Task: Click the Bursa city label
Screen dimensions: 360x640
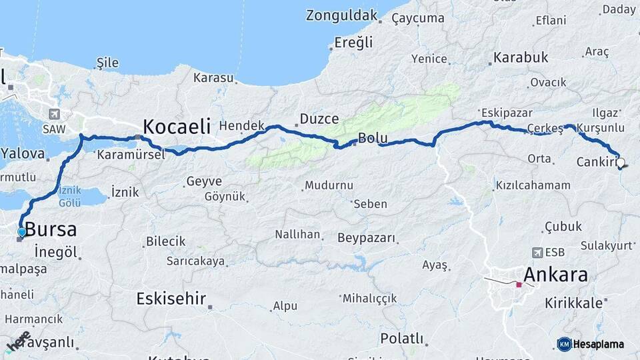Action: pyautogui.click(x=51, y=230)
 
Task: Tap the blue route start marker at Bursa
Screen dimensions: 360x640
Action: pyautogui.click(x=22, y=232)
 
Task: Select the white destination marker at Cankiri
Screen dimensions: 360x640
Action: pyautogui.click(x=621, y=162)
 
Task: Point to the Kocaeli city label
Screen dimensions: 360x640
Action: pyautogui.click(x=177, y=126)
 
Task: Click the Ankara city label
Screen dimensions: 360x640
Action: pyautogui.click(x=555, y=275)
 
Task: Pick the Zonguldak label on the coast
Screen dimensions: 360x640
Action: pyautogui.click(x=347, y=15)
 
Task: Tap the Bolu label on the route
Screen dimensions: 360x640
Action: pyautogui.click(x=373, y=139)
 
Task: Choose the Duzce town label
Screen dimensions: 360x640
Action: pyautogui.click(x=319, y=119)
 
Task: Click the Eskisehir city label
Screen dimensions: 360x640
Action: pyautogui.click(x=171, y=298)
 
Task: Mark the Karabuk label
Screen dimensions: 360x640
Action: pyautogui.click(x=521, y=57)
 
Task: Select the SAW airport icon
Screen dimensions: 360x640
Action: pyautogui.click(x=54, y=113)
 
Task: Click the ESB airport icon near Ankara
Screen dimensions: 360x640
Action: pyautogui.click(x=537, y=253)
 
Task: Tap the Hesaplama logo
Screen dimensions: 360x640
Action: pyautogui.click(x=591, y=344)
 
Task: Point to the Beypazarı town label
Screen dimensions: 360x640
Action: pyautogui.click(x=367, y=237)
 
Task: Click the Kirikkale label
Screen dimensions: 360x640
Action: pyautogui.click(x=573, y=303)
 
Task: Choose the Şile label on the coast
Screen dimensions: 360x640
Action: pyautogui.click(x=107, y=63)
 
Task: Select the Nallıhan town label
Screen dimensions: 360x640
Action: pyautogui.click(x=298, y=235)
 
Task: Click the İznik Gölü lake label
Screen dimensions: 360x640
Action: pyautogui.click(x=69, y=197)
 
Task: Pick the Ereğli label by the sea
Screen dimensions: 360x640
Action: pyautogui.click(x=353, y=43)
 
